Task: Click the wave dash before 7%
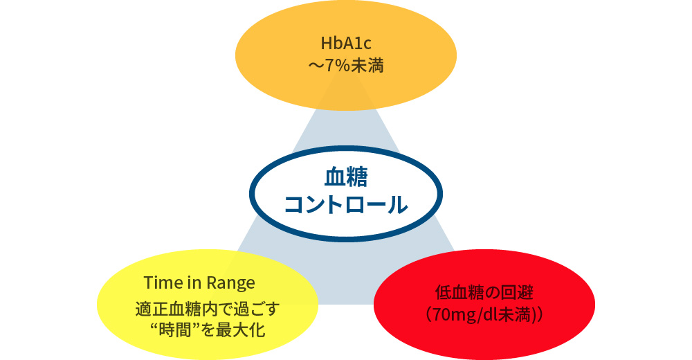tap(315, 67)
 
